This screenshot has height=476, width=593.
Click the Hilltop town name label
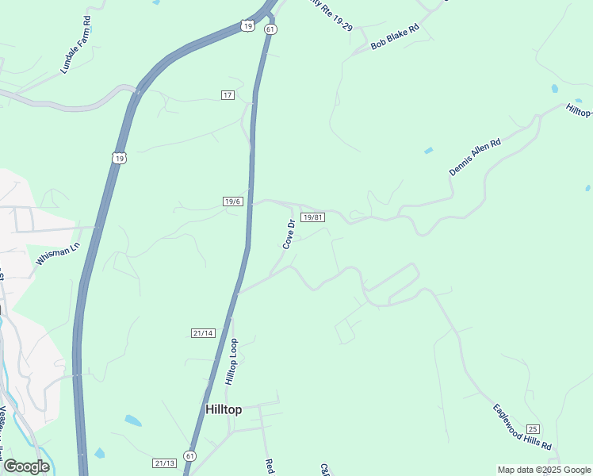(223, 409)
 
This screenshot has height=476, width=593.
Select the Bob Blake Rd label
(394, 37)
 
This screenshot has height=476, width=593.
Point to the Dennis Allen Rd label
(475, 157)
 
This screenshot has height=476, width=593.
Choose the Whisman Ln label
(58, 254)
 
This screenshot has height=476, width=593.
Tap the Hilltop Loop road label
(231, 362)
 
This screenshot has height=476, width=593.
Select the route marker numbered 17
(228, 95)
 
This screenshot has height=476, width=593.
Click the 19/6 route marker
(232, 202)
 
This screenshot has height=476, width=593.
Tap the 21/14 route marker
(203, 332)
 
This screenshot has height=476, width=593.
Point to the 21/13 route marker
(164, 463)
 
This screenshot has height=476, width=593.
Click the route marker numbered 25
(532, 429)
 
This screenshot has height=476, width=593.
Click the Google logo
(26, 466)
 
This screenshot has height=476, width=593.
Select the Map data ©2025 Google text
(543, 470)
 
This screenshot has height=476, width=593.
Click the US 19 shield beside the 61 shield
(248, 26)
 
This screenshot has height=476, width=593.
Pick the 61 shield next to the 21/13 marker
(189, 455)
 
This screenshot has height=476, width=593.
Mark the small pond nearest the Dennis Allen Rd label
(429, 150)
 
